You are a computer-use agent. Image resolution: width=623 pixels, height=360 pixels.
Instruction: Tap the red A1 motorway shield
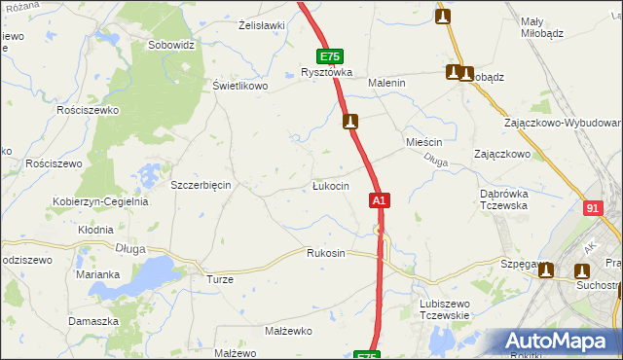[380, 200]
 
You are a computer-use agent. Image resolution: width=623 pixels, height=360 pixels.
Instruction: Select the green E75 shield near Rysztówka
[329, 57]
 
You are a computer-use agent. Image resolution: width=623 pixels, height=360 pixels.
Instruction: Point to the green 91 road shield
[593, 208]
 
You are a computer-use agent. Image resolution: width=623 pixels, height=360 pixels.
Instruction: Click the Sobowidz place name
[171, 45]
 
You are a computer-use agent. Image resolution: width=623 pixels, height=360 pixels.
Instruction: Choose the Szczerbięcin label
[200, 185]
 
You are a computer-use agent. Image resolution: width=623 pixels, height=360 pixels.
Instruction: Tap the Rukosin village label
[325, 253]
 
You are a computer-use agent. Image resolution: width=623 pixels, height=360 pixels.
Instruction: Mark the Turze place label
[219, 279]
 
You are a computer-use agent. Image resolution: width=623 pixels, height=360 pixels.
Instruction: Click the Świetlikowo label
[240, 86]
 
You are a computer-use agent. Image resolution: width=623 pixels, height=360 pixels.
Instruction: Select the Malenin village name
[385, 84]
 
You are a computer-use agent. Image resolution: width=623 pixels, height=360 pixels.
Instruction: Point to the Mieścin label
[423, 142]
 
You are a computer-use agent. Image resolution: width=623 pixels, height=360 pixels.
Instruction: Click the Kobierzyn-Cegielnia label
[100, 202]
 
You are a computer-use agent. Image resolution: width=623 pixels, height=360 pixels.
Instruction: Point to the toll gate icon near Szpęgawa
[546, 270]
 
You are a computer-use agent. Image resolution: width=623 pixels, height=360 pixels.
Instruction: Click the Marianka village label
[97, 274]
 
